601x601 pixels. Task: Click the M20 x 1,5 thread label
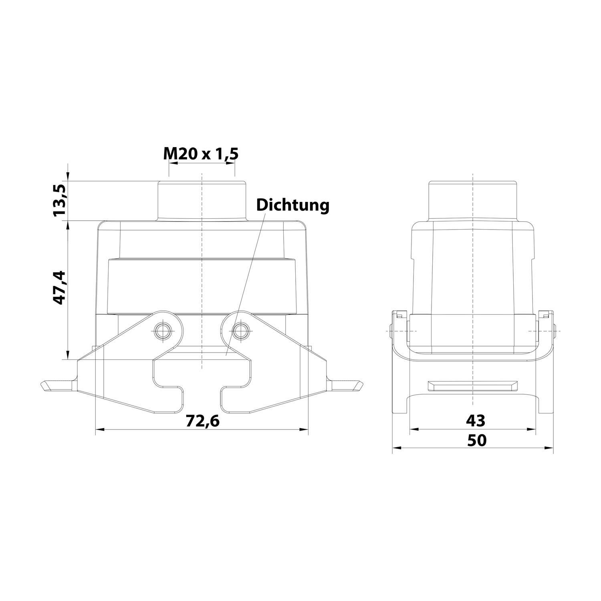(201, 153)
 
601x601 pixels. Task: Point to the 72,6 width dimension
(203, 421)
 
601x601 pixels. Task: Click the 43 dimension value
(475, 421)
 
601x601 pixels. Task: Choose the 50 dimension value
(476, 440)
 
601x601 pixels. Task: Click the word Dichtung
(292, 205)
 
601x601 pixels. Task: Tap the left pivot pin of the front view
(163, 331)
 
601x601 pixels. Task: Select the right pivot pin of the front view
(240, 331)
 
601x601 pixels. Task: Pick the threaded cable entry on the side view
(473, 200)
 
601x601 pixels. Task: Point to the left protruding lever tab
(58, 385)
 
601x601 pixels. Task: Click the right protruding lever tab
(347, 385)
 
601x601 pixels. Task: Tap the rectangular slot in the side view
(472, 385)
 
